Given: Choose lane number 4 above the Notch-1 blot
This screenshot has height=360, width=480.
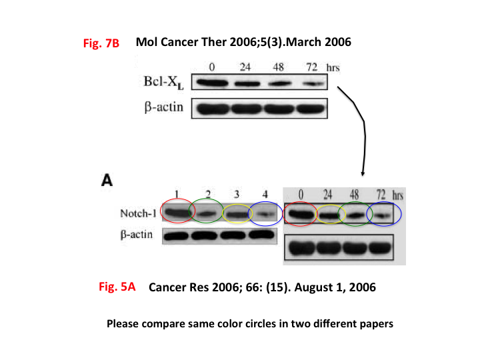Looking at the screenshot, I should click(265, 194).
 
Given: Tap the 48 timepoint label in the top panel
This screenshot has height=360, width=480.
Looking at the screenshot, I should click(278, 67).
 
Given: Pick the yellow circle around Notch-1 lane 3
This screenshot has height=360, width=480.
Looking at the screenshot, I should click(237, 213).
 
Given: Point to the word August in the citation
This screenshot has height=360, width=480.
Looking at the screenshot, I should click(311, 287).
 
